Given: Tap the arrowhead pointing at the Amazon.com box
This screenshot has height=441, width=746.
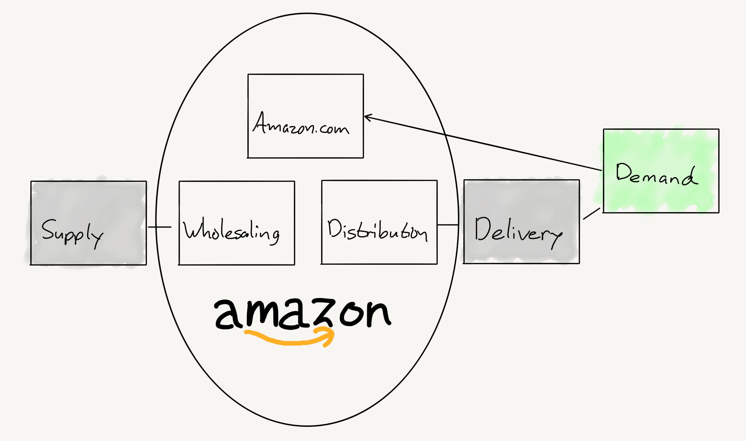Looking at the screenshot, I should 367,117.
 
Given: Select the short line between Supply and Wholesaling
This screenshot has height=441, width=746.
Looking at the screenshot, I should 160,227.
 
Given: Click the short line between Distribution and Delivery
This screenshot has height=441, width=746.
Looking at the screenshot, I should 448,225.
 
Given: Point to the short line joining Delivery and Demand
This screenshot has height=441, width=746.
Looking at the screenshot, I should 591,214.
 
